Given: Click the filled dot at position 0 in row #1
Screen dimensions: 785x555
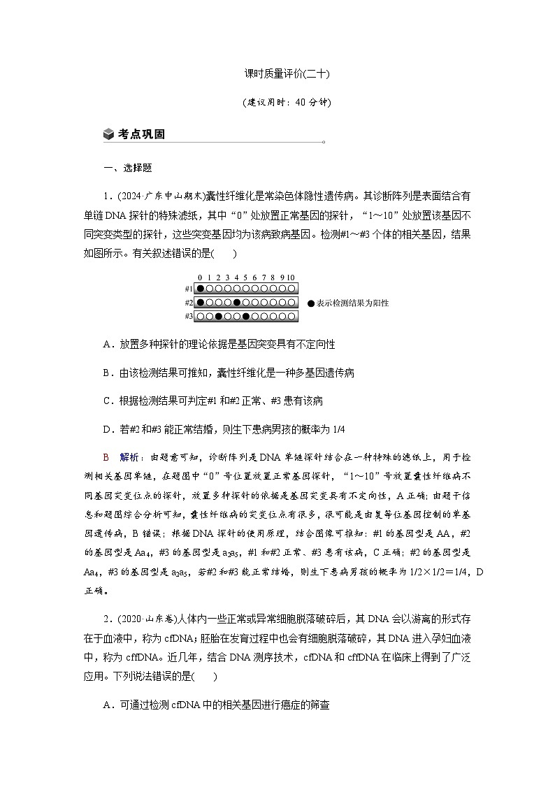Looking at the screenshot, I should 201,289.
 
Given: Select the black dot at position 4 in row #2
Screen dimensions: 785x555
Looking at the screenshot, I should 237,303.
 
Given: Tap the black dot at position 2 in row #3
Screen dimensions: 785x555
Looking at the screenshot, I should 219,317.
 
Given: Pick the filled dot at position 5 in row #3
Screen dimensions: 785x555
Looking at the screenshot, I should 246,317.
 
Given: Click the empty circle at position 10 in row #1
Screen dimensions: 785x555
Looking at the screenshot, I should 291,289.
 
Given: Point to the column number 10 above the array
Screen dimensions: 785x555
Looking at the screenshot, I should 291,278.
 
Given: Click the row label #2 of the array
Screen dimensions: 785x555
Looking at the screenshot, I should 189,303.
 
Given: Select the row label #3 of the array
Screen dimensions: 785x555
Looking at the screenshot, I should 189,317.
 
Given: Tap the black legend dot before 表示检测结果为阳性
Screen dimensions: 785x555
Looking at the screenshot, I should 311,303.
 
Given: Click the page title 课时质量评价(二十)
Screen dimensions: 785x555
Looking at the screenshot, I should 277,73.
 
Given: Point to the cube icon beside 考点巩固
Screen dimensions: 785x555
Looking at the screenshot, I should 108,134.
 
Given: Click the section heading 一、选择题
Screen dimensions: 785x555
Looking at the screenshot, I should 128,168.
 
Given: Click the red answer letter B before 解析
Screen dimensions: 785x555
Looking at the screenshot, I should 106,457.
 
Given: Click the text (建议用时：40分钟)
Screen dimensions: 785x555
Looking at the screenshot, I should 277,102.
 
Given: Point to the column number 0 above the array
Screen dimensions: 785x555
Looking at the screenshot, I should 201,278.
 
